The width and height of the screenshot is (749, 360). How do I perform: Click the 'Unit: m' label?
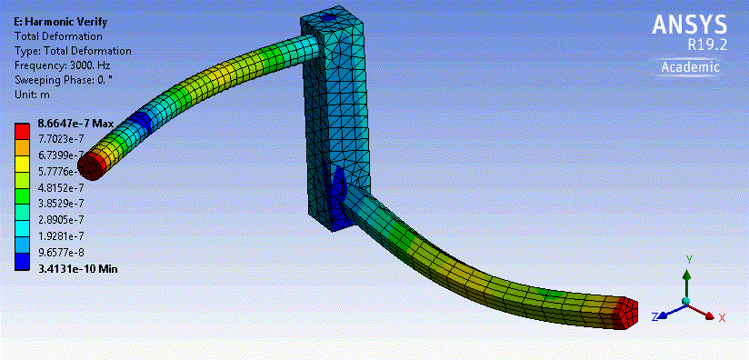pos(34,94)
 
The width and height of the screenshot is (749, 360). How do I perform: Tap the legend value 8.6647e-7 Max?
pos(75,124)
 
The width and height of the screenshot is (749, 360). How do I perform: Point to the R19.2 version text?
pos(704,45)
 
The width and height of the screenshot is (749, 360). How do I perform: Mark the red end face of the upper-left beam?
pos(91,165)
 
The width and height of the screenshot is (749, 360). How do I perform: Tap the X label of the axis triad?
pos(721,317)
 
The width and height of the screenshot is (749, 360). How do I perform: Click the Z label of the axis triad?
pos(655,316)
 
